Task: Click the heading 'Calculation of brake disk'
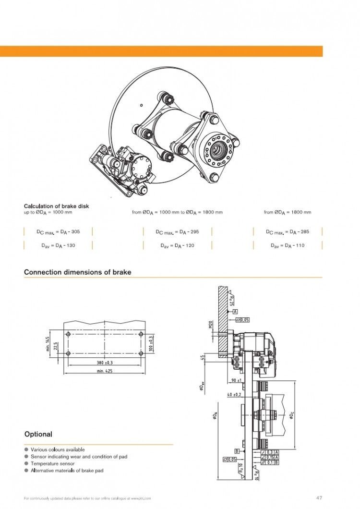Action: coord(56,206)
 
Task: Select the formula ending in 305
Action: coord(58,232)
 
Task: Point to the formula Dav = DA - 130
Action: coord(58,245)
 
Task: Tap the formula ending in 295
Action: coord(177,232)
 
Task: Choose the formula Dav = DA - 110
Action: coord(288,245)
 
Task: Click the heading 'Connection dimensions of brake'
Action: coord(77,272)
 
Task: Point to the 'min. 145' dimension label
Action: coord(48,343)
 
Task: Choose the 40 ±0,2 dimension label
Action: coord(235,394)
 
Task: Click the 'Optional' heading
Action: coord(38,434)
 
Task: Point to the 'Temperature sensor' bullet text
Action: coord(52,464)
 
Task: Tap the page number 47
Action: coord(319,497)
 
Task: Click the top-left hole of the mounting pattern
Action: coord(68,334)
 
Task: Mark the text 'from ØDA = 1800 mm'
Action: coord(288,212)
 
